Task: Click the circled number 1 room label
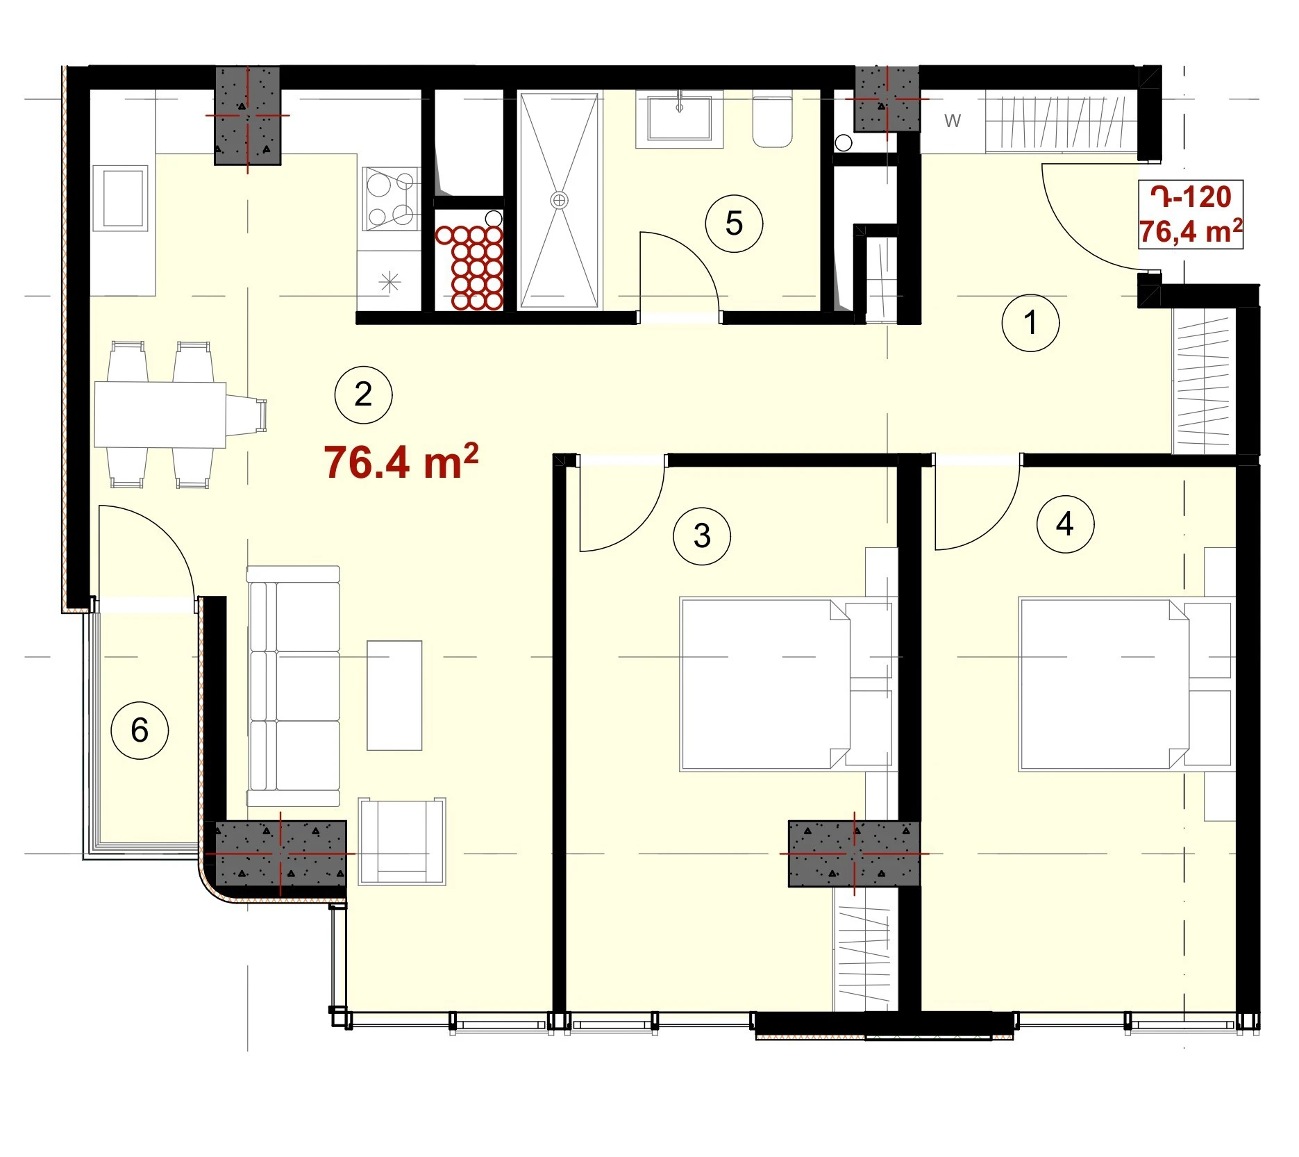point(1030,322)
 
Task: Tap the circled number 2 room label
point(363,394)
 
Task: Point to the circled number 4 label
point(1065,524)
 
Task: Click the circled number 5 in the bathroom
point(734,224)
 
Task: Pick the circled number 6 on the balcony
point(140,730)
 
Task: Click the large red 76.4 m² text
point(401,462)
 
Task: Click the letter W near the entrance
point(953,121)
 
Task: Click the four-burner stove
point(391,199)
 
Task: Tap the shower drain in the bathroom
point(559,201)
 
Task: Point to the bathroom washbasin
point(680,119)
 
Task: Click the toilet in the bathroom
point(773,119)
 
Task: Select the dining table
point(160,415)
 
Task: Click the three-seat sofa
point(294,686)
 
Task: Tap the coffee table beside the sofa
point(394,695)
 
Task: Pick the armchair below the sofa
point(402,841)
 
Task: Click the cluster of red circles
point(469,267)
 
